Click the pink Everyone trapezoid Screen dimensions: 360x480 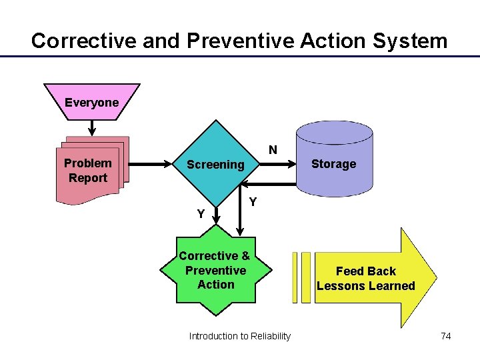91,102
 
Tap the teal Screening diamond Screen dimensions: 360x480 215,165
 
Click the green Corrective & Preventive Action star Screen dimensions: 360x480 215,270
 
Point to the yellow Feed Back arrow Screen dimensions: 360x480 373,279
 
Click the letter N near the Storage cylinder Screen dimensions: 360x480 273,150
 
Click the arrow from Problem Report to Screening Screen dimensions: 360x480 149,162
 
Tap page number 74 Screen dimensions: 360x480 445,336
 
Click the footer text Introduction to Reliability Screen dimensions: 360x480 239,336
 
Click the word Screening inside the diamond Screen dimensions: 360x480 215,165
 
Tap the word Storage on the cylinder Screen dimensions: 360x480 333,164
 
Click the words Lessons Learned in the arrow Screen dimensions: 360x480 365,286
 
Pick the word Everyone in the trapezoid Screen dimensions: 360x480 91,103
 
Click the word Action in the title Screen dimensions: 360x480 330,41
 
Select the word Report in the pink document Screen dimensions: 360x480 87,178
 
